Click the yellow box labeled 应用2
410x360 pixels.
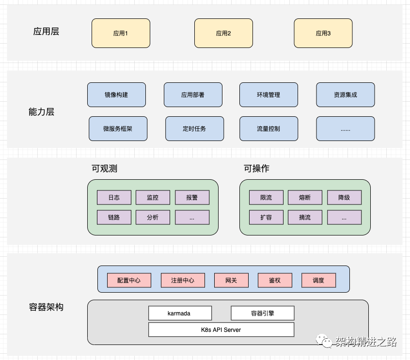click(x=223, y=33)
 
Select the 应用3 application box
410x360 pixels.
click(x=323, y=33)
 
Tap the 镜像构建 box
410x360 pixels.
click(x=116, y=94)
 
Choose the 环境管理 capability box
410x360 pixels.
click(x=268, y=94)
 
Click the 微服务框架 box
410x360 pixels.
click(x=118, y=128)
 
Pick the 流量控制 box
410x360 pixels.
click(x=268, y=128)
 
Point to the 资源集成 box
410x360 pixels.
click(x=346, y=94)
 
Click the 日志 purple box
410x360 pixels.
click(x=114, y=197)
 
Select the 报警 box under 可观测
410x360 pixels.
click(x=192, y=197)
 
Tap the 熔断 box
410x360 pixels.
click(x=305, y=197)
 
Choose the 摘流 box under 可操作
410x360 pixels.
click(x=305, y=217)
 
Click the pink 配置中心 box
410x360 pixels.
click(x=129, y=280)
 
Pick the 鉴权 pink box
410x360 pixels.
click(x=275, y=280)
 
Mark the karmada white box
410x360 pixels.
click(x=180, y=313)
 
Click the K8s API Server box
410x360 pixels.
click(x=221, y=329)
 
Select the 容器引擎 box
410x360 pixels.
click(x=263, y=313)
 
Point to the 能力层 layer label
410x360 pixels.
click(x=41, y=112)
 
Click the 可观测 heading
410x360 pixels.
click(x=104, y=169)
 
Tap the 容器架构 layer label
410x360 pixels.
click(x=46, y=307)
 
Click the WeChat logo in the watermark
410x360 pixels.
click(x=324, y=341)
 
